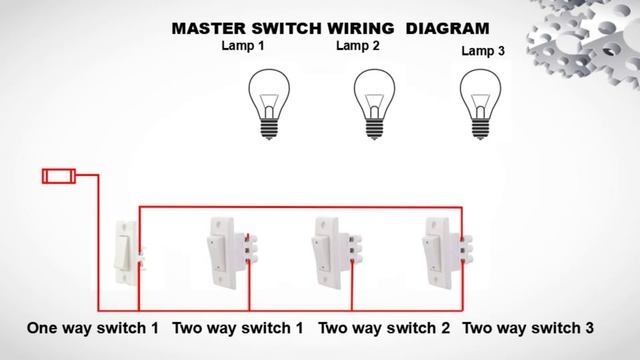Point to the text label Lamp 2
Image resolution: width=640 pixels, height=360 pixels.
tap(357, 46)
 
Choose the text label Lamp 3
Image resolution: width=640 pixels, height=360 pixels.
tap(483, 50)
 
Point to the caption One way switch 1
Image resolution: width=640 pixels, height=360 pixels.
tap(92, 328)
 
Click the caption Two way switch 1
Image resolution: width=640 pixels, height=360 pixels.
tap(238, 328)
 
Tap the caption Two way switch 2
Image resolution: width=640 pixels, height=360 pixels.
tap(384, 328)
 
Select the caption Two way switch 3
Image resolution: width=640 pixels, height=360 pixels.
tap(529, 328)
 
